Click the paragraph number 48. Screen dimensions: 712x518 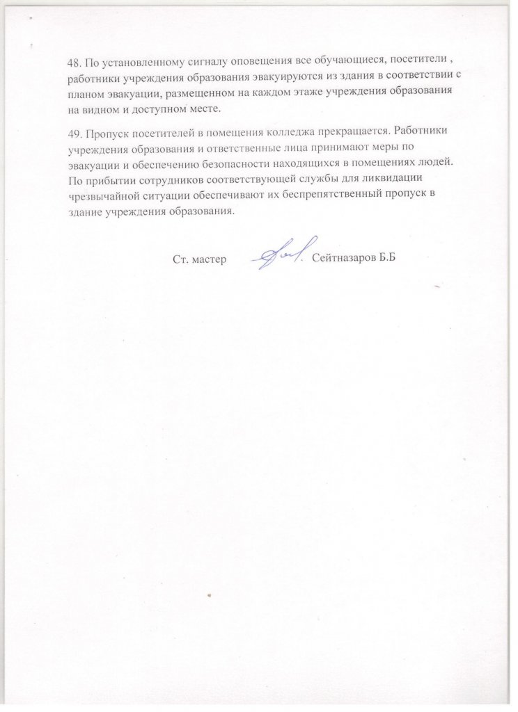[x=73, y=60]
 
